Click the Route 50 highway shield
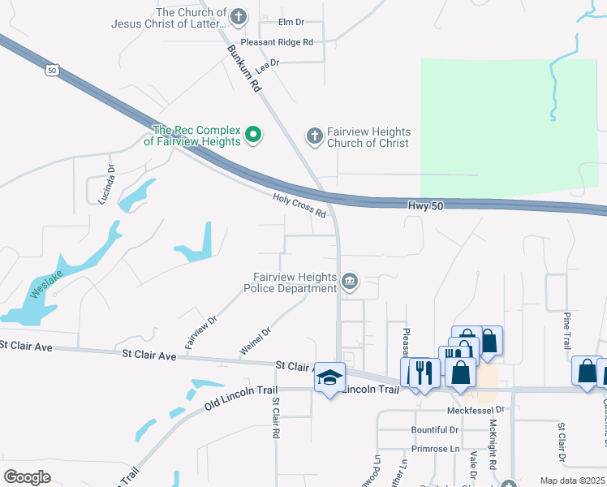(x=52, y=71)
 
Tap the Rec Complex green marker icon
(x=253, y=134)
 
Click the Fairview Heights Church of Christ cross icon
(x=314, y=136)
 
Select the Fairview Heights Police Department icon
(x=350, y=282)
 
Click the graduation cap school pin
(x=329, y=377)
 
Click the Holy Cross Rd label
(x=299, y=205)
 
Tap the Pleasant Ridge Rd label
(x=277, y=42)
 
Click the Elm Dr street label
(x=289, y=22)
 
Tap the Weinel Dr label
(x=254, y=338)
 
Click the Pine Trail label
(x=567, y=330)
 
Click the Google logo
(x=27, y=477)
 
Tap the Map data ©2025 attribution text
(x=571, y=481)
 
